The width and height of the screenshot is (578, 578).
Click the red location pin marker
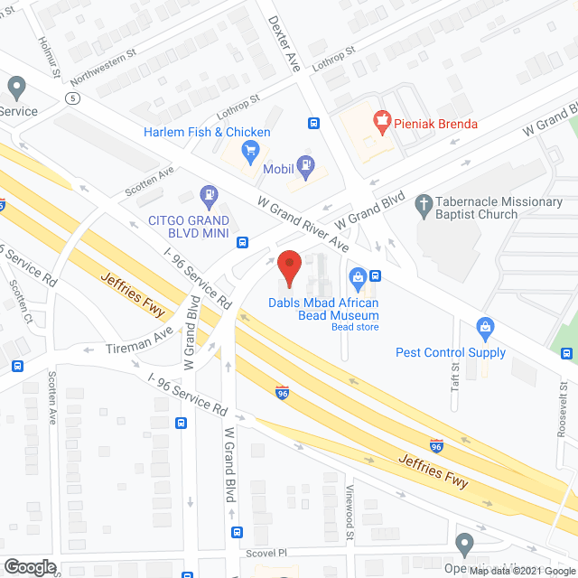[x=289, y=267]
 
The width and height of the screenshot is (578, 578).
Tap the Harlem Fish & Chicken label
[x=207, y=132]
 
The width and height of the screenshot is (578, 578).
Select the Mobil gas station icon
[x=309, y=163]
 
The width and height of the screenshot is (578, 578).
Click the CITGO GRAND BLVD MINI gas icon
[x=209, y=193]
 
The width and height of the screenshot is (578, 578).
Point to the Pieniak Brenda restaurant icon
[x=380, y=120]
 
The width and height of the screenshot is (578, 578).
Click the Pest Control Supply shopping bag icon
[x=485, y=325]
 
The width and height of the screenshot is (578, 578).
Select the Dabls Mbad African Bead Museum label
[x=322, y=309]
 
